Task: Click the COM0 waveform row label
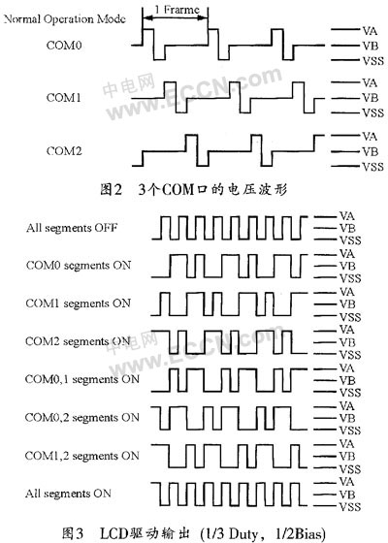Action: [64, 46]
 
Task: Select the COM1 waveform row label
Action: [64, 98]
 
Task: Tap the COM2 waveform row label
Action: [64, 151]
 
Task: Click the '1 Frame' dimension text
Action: [177, 10]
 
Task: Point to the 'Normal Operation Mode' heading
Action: [64, 19]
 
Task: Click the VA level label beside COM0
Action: [370, 31]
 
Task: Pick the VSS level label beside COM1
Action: [373, 112]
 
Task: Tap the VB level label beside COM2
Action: [370, 151]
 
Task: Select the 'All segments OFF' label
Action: [72, 228]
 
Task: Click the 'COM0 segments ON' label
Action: [79, 266]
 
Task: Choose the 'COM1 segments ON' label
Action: [79, 303]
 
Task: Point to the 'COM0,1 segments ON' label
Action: [82, 379]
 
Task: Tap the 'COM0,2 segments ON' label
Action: [82, 418]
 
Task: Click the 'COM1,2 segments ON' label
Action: [82, 456]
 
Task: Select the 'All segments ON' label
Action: [68, 494]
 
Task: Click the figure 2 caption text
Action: [194, 190]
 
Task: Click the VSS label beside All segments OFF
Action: [350, 240]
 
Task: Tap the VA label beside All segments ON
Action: [347, 482]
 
